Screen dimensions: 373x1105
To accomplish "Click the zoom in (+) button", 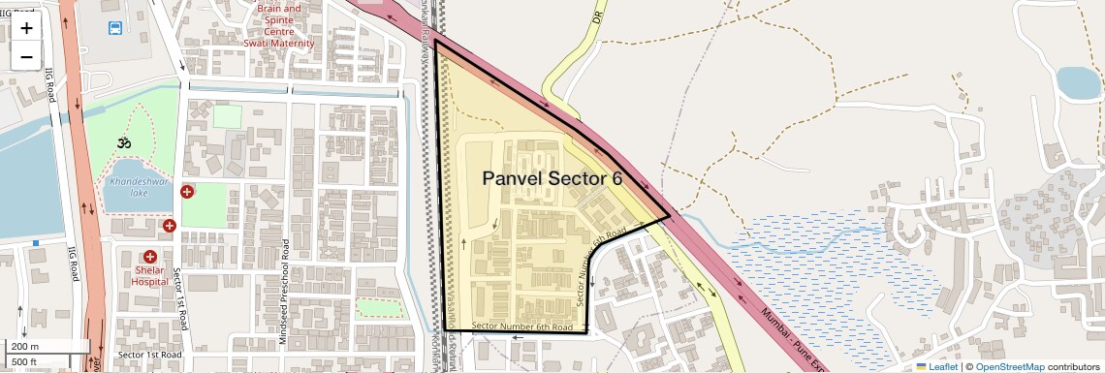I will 26,27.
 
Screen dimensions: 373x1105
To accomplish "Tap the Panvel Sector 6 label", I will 552,178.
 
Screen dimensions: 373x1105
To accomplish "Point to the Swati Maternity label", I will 279,44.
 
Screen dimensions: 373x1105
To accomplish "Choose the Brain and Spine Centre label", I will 279,20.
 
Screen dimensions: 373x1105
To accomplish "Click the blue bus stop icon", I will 116,28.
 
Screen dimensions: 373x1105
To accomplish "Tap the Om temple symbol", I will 123,143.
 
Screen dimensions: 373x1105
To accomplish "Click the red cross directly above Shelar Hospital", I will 149,257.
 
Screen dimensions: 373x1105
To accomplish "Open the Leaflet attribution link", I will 936,366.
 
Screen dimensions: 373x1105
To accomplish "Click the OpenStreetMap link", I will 1009,366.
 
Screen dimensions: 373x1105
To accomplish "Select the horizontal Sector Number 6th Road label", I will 517,326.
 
